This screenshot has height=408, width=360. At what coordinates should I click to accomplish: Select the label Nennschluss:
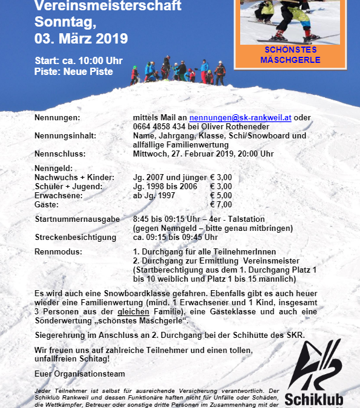59,154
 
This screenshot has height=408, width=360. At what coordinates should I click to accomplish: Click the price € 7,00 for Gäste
221,206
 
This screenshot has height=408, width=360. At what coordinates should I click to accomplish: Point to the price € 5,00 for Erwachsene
221,196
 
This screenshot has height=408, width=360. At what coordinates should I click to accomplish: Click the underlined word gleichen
134,311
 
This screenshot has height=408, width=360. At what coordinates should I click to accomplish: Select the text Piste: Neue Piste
74,72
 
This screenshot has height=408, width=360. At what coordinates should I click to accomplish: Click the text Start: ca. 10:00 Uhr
79,60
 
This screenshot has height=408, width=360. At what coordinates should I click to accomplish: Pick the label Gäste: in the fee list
47,206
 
